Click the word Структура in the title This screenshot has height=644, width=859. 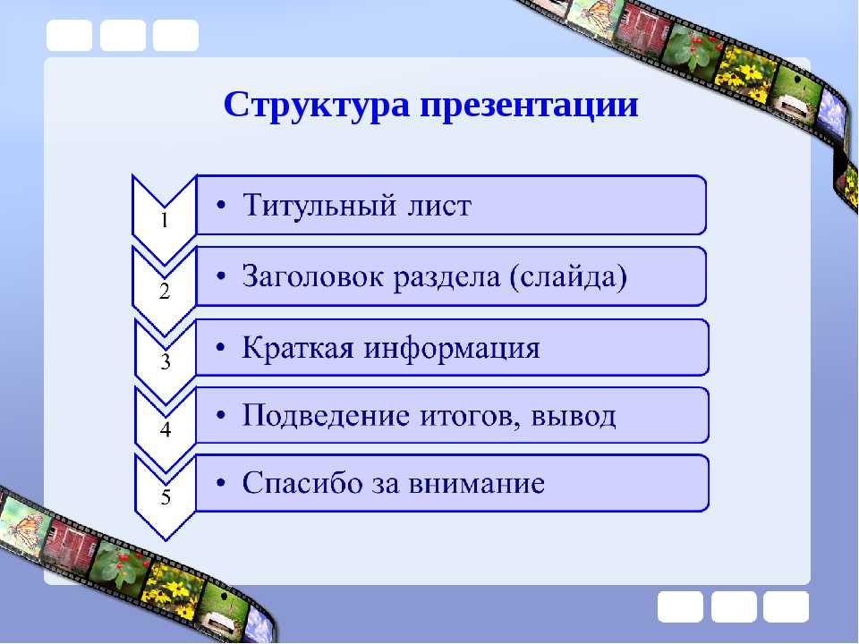pos(316,106)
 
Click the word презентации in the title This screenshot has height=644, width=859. pos(529,106)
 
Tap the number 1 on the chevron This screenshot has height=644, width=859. pos(165,220)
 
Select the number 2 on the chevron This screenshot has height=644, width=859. pos(165,291)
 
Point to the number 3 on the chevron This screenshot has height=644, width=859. pos(166,361)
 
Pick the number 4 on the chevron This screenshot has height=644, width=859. pos(166,429)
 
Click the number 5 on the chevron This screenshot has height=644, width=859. pos(166,496)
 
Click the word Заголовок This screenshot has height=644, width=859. pos(313,275)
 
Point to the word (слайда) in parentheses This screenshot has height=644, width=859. pos(568,276)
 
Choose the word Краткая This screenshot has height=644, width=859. pos(298,347)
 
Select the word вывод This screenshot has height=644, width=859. pos(573,417)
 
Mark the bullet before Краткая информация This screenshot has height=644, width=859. pos(221,348)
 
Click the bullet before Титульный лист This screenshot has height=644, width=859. pos(221,206)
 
